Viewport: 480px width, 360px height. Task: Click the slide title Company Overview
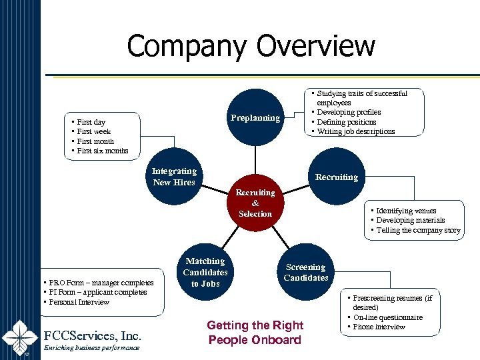[x=251, y=47]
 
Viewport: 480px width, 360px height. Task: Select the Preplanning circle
[x=255, y=118]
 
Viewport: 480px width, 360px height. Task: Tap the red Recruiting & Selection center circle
[x=255, y=203]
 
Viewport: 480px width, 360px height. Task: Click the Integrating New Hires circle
[x=175, y=177]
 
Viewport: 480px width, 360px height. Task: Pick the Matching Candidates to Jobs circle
[x=205, y=272]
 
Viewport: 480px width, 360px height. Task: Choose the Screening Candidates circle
[x=306, y=272]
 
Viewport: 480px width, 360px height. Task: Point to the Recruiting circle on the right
[x=336, y=177]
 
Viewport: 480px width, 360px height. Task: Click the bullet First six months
[x=103, y=151]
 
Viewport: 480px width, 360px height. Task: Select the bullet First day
[x=91, y=122]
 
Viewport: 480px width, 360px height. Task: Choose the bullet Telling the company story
[x=418, y=230]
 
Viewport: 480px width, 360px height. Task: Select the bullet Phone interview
[x=379, y=327]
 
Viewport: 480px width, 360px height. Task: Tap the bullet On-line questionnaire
[x=387, y=317]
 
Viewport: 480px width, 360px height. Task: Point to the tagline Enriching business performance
[x=91, y=348]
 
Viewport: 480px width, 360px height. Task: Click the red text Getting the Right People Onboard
[x=255, y=333]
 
